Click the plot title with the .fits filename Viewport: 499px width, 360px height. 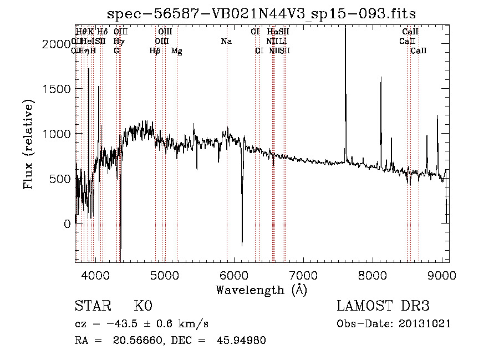tap(262, 13)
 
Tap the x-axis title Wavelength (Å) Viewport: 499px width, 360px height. tap(261, 290)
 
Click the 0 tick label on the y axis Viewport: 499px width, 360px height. tap(67, 224)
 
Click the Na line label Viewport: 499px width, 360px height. tap(226, 41)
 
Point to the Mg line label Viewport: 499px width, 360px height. tap(176, 51)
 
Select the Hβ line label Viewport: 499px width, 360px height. tap(155, 51)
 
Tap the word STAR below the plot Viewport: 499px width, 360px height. tap(92, 306)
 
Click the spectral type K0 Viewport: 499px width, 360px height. tap(142, 306)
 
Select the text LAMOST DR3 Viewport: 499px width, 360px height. tap(383, 306)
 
